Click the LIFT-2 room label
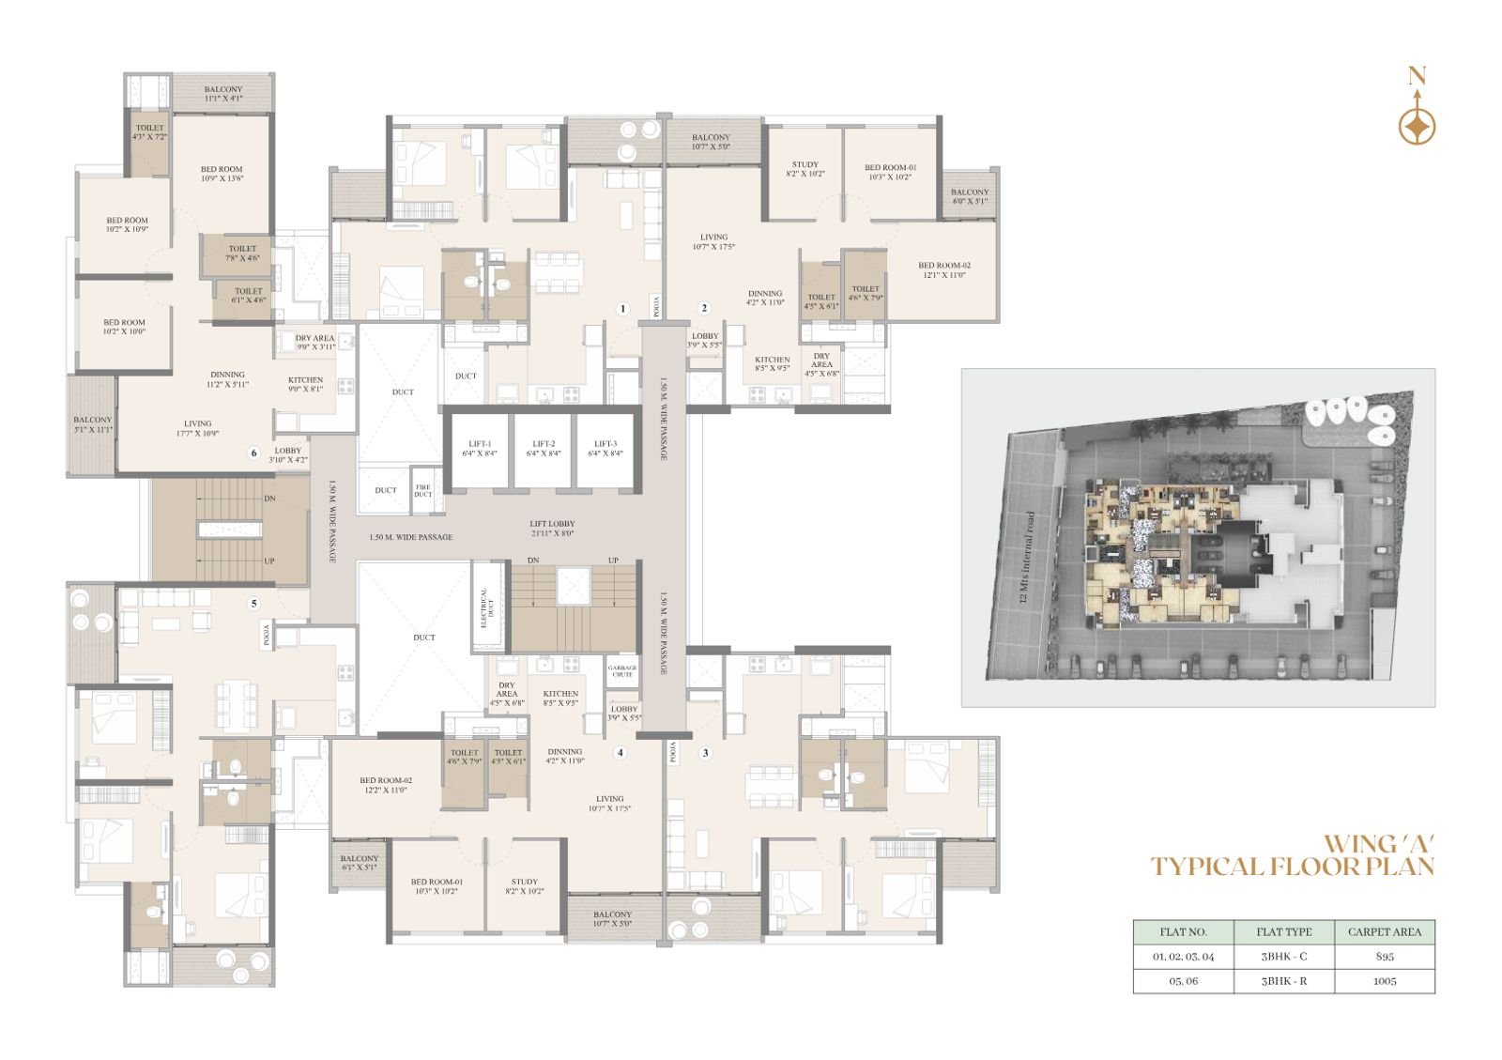[x=544, y=448]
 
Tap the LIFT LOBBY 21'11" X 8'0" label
[x=552, y=529]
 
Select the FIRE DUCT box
[x=423, y=489]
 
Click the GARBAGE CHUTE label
[x=622, y=671]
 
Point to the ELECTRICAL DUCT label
[x=484, y=607]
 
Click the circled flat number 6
[x=253, y=453]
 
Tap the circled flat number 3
[x=705, y=753]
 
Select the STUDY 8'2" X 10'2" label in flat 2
[x=805, y=169]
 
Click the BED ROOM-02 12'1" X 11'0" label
[x=943, y=270]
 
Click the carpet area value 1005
[x=1385, y=981]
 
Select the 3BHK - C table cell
[x=1283, y=957]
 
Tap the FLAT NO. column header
[x=1183, y=932]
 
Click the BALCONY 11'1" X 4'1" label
[x=223, y=94]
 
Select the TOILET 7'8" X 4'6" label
[x=242, y=253]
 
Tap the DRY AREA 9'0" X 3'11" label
[x=314, y=342]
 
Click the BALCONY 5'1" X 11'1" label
[x=92, y=424]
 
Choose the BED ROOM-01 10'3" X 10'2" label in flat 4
[x=437, y=886]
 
